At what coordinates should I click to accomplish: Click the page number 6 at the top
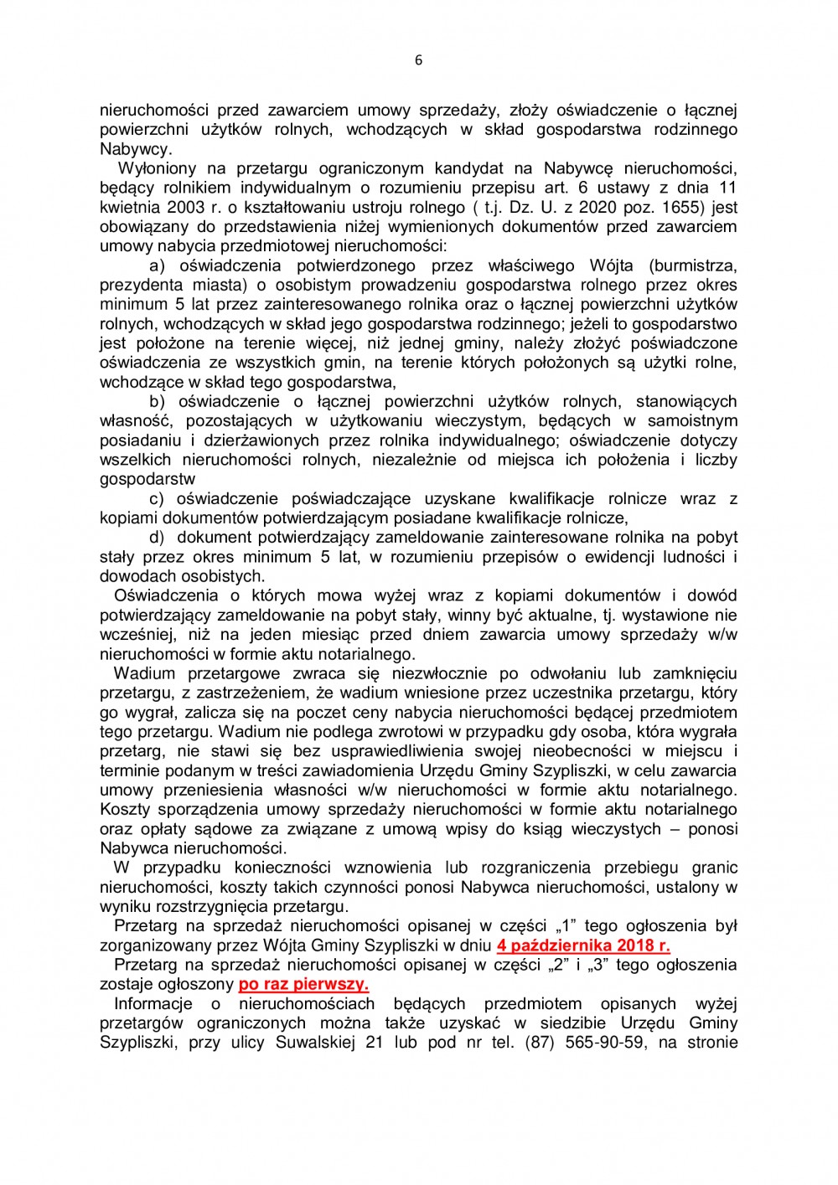[419, 60]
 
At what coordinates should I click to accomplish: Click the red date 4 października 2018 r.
[583, 945]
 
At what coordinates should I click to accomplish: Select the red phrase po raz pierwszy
[303, 984]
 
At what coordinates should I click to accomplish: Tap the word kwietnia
[128, 207]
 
